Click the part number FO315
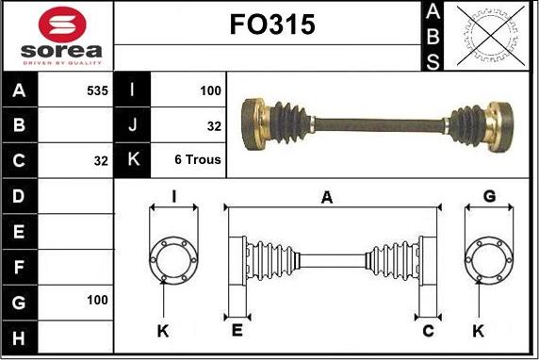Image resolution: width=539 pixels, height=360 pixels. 272,25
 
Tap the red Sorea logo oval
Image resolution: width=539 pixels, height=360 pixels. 62,25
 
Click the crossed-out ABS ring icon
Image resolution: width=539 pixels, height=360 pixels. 491,36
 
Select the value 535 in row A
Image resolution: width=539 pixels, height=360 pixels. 97,90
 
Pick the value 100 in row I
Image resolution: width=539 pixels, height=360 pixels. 210,90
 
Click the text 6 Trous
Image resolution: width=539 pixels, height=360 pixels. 198,159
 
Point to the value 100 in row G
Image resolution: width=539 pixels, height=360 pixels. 97,300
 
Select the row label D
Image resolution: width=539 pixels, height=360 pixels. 19,196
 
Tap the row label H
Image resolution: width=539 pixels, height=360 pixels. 19,338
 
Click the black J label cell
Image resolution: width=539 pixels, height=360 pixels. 132,124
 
